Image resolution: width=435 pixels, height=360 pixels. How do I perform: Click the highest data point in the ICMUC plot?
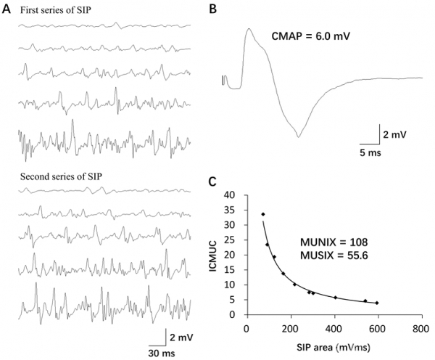pos(263,214)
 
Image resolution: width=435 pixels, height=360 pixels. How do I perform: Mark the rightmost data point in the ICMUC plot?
pos(377,303)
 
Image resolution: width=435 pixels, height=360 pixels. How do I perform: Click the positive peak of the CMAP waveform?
pos(249,30)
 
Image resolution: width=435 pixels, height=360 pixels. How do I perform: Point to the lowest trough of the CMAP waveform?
pos(298,136)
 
